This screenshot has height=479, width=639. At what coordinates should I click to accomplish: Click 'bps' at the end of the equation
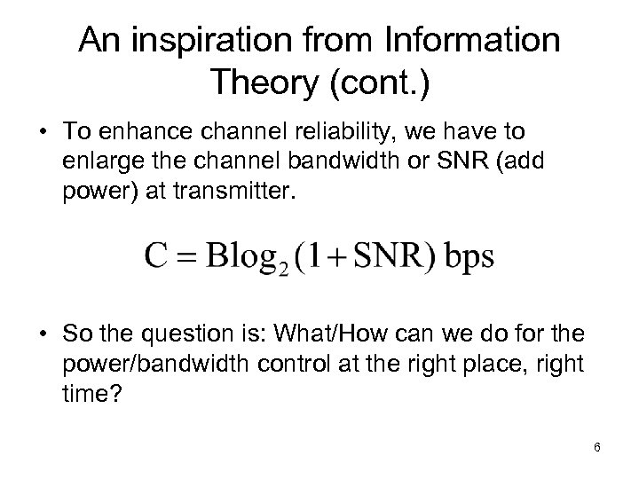point(468,257)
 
